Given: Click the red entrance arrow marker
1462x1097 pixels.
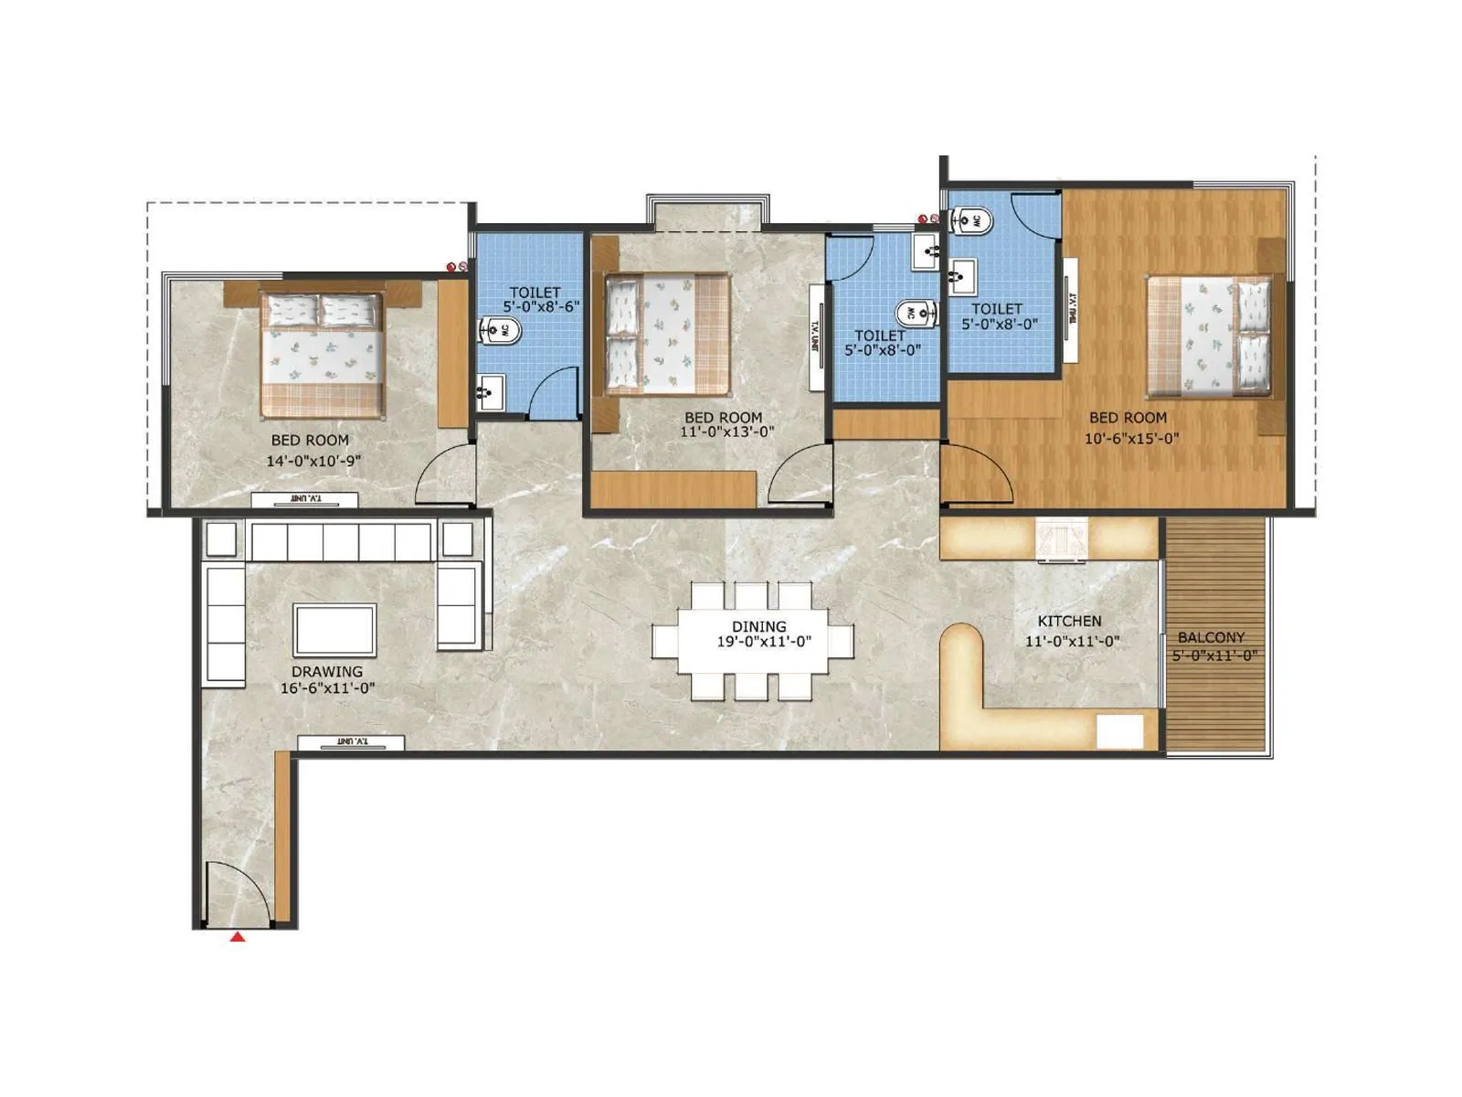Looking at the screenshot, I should pyautogui.click(x=238, y=936).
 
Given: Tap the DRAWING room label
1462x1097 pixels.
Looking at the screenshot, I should pyautogui.click(x=327, y=671).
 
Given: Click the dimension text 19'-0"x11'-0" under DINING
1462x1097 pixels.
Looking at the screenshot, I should pyautogui.click(x=764, y=642).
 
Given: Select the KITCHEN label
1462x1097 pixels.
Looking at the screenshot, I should pyautogui.click(x=1069, y=621).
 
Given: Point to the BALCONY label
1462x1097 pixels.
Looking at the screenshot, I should pyautogui.click(x=1211, y=637).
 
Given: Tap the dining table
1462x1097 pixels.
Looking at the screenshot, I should pyautogui.click(x=752, y=640).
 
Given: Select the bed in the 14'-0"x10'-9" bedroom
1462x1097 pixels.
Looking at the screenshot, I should pyautogui.click(x=321, y=354).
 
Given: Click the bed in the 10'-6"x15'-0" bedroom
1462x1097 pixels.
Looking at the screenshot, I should pyautogui.click(x=1209, y=336).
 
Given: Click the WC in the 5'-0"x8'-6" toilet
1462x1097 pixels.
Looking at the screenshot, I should pyautogui.click(x=498, y=332).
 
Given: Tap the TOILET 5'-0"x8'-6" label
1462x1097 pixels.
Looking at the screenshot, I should pyautogui.click(x=535, y=293).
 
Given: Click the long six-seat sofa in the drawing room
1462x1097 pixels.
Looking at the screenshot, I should pyautogui.click(x=340, y=541).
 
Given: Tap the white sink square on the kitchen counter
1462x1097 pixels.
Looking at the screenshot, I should pyautogui.click(x=1118, y=731).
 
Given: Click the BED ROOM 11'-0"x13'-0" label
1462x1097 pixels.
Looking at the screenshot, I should pyautogui.click(x=723, y=418).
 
